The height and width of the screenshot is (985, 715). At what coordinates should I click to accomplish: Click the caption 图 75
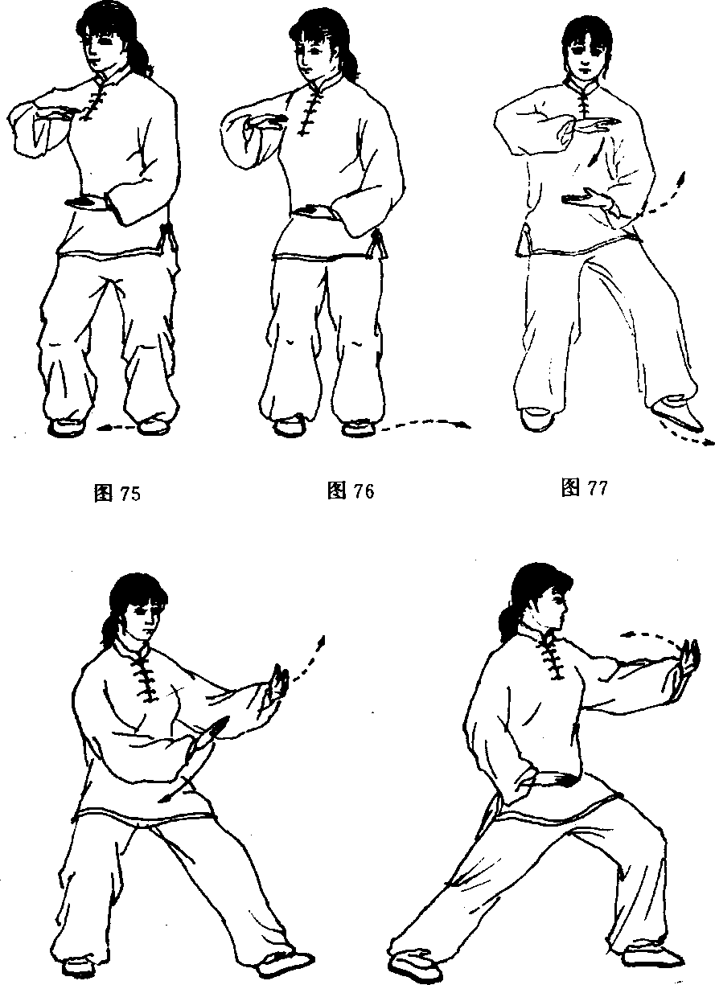click(x=117, y=494)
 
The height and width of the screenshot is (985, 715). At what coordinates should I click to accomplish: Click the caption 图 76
click(x=351, y=490)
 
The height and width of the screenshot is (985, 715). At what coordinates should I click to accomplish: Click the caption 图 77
click(x=585, y=487)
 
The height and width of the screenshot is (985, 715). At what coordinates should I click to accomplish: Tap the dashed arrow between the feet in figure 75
click(x=116, y=428)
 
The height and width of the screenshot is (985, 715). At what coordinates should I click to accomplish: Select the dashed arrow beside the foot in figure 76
click(x=425, y=424)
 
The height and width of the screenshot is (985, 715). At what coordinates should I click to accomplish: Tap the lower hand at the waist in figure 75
click(x=88, y=203)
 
